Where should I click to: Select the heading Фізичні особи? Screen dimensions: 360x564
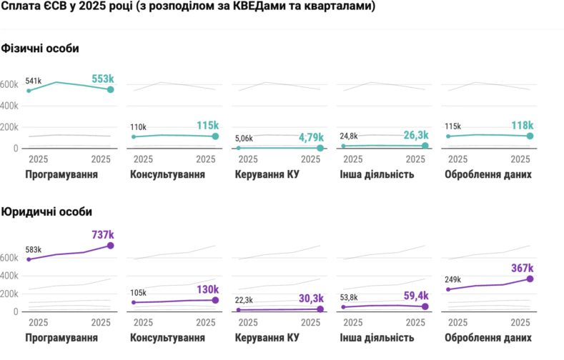coord(40,48)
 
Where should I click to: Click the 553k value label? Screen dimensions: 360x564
coord(103,79)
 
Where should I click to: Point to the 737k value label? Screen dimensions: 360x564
coord(103,234)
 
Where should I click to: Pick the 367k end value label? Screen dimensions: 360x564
coord(522,267)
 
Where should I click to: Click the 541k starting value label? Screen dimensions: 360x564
coord(34,81)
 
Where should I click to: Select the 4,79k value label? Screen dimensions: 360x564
coord(309,137)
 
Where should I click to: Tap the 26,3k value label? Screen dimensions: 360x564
coord(414,135)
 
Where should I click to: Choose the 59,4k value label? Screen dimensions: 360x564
coord(414,296)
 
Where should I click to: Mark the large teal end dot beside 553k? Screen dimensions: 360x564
coord(110,89)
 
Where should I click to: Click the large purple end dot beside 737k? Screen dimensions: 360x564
coord(110,246)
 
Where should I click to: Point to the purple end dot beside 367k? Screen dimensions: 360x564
coord(530,279)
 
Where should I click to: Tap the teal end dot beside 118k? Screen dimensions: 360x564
coord(530,136)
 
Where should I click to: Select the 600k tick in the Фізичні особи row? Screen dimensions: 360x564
coord(9,84)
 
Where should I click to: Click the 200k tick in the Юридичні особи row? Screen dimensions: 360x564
coord(9,294)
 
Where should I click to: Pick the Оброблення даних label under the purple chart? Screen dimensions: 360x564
coord(488,338)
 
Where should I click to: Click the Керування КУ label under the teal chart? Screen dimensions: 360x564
coord(267,174)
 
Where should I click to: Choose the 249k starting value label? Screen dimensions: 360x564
coord(452,279)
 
